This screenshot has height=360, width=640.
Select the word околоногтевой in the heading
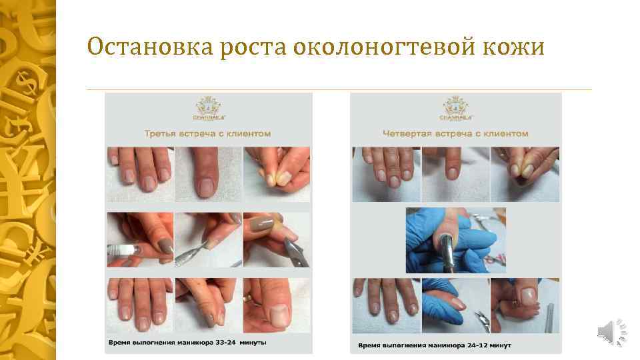pyautogui.click(x=374, y=47)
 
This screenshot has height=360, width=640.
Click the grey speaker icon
pyautogui.click(x=607, y=331)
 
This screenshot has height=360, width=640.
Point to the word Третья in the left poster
pyautogui.click(x=161, y=133)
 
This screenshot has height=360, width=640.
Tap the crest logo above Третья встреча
pyautogui.click(x=208, y=109)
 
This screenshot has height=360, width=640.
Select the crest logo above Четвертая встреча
pyautogui.click(x=456, y=109)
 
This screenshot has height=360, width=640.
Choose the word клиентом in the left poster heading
pyautogui.click(x=249, y=133)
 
